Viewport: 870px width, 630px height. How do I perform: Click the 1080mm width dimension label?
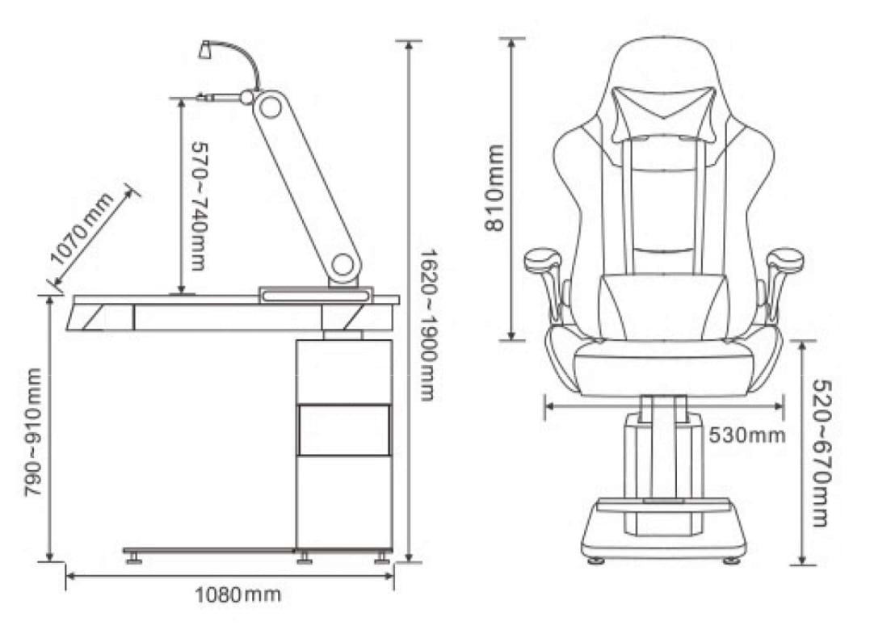(x=238, y=594)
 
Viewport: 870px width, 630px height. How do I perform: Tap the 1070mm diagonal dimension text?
(x=82, y=228)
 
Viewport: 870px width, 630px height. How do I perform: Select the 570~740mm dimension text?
(x=198, y=206)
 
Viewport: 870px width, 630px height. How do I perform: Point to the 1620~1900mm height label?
(x=428, y=325)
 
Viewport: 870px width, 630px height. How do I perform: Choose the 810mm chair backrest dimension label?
(x=494, y=187)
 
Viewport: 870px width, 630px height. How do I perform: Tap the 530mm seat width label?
(x=747, y=435)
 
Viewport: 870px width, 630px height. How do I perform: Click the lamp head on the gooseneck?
(x=204, y=49)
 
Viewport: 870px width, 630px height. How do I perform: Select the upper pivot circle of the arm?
(x=270, y=107)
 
